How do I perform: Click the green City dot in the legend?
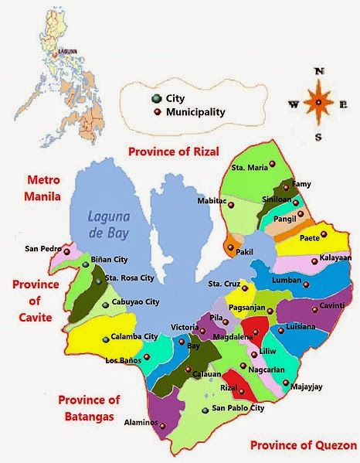point(156,99)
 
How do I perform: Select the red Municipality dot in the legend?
point(156,112)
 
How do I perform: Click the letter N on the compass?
point(317,71)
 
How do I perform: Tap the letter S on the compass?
point(317,137)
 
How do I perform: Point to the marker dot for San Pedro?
point(66,251)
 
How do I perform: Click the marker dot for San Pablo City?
point(204,409)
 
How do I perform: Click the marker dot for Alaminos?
point(164,424)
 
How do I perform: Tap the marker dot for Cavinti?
point(314,308)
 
